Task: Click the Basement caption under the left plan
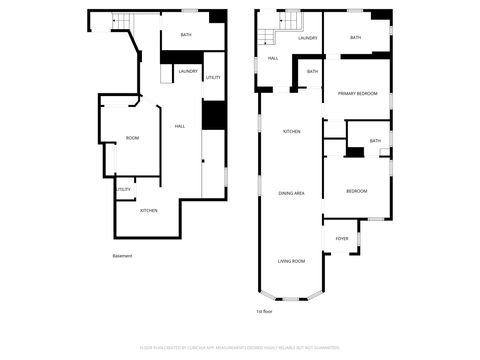tap(122, 255)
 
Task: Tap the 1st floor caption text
tap(265, 311)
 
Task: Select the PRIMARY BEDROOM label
tap(357, 93)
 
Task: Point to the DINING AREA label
tap(291, 192)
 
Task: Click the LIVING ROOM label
tap(291, 261)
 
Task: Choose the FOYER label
tap(342, 238)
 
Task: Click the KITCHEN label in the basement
tap(148, 210)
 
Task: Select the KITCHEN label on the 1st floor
tap(291, 132)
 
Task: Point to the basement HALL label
tap(180, 126)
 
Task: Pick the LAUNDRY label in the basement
tap(187, 72)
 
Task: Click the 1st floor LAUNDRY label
tap(307, 38)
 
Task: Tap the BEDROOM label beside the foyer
tap(357, 191)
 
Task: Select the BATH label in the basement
tap(186, 35)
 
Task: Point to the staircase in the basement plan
tap(121, 21)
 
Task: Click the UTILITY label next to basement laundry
tap(213, 77)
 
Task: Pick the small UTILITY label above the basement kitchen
tap(124, 189)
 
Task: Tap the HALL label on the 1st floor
tap(273, 58)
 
